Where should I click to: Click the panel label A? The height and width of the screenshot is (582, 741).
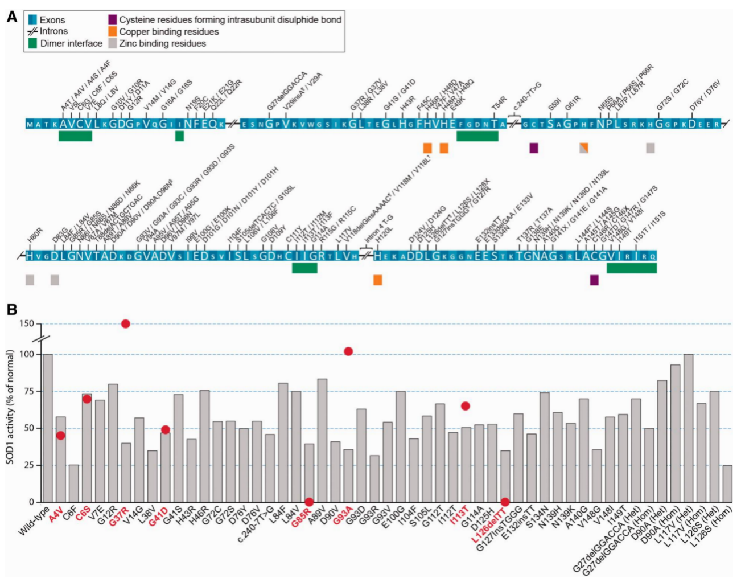(11, 17)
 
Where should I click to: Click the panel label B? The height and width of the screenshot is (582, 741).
(11, 310)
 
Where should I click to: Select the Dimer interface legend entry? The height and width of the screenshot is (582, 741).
(65, 43)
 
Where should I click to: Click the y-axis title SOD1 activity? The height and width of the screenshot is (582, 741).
(10, 407)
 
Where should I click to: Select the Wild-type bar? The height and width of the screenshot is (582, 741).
(48, 428)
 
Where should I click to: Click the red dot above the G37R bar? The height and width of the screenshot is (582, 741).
(126, 324)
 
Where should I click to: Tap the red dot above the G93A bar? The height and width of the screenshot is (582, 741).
(348, 351)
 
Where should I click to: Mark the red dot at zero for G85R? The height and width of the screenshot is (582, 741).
(309, 502)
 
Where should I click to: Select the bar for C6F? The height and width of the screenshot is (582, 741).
(74, 483)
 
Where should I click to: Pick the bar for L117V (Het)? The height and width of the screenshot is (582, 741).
(688, 428)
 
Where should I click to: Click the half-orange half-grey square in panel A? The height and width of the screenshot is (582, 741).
(584, 148)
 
